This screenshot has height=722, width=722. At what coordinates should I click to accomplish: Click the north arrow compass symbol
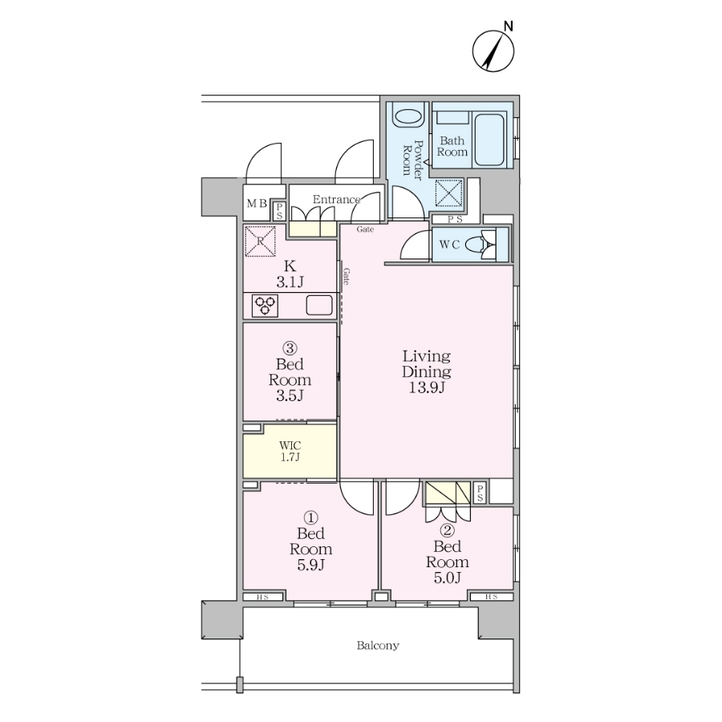pyautogui.click(x=493, y=51)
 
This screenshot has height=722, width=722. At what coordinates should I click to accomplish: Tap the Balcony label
pyautogui.click(x=378, y=646)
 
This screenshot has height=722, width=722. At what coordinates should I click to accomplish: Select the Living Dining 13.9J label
pyautogui.click(x=427, y=371)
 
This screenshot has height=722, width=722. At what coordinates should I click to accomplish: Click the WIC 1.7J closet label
pyautogui.click(x=290, y=451)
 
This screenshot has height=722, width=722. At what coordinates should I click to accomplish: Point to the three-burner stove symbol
pyautogui.click(x=265, y=306)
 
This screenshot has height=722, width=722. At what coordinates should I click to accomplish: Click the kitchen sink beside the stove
pyautogui.click(x=319, y=305)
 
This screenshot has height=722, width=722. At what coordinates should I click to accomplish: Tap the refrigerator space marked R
pyautogui.click(x=260, y=241)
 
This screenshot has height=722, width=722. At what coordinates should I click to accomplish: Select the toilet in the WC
pyautogui.click(x=479, y=245)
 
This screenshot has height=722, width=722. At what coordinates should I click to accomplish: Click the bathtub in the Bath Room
pyautogui.click(x=490, y=140)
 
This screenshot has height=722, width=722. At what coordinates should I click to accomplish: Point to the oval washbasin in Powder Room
pyautogui.click(x=408, y=117)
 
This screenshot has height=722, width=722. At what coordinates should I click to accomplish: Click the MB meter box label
pyautogui.click(x=257, y=204)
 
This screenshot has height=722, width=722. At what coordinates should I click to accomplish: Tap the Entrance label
pyautogui.click(x=336, y=200)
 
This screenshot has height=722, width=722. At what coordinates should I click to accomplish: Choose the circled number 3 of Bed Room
pyautogui.click(x=290, y=348)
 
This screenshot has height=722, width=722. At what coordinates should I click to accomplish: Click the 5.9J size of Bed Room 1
pyautogui.click(x=310, y=565)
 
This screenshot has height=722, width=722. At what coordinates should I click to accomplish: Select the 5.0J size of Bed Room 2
pyautogui.click(x=447, y=578)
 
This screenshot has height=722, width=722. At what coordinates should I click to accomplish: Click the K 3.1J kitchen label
pyautogui.click(x=290, y=274)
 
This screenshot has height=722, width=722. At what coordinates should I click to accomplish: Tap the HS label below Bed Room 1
pyautogui.click(x=262, y=597)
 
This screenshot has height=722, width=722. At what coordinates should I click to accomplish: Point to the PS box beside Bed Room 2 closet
pyautogui.click(x=480, y=493)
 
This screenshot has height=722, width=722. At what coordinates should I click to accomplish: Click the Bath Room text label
pyautogui.click(x=452, y=146)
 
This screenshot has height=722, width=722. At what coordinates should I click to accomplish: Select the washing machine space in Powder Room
pyautogui.click(x=449, y=193)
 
